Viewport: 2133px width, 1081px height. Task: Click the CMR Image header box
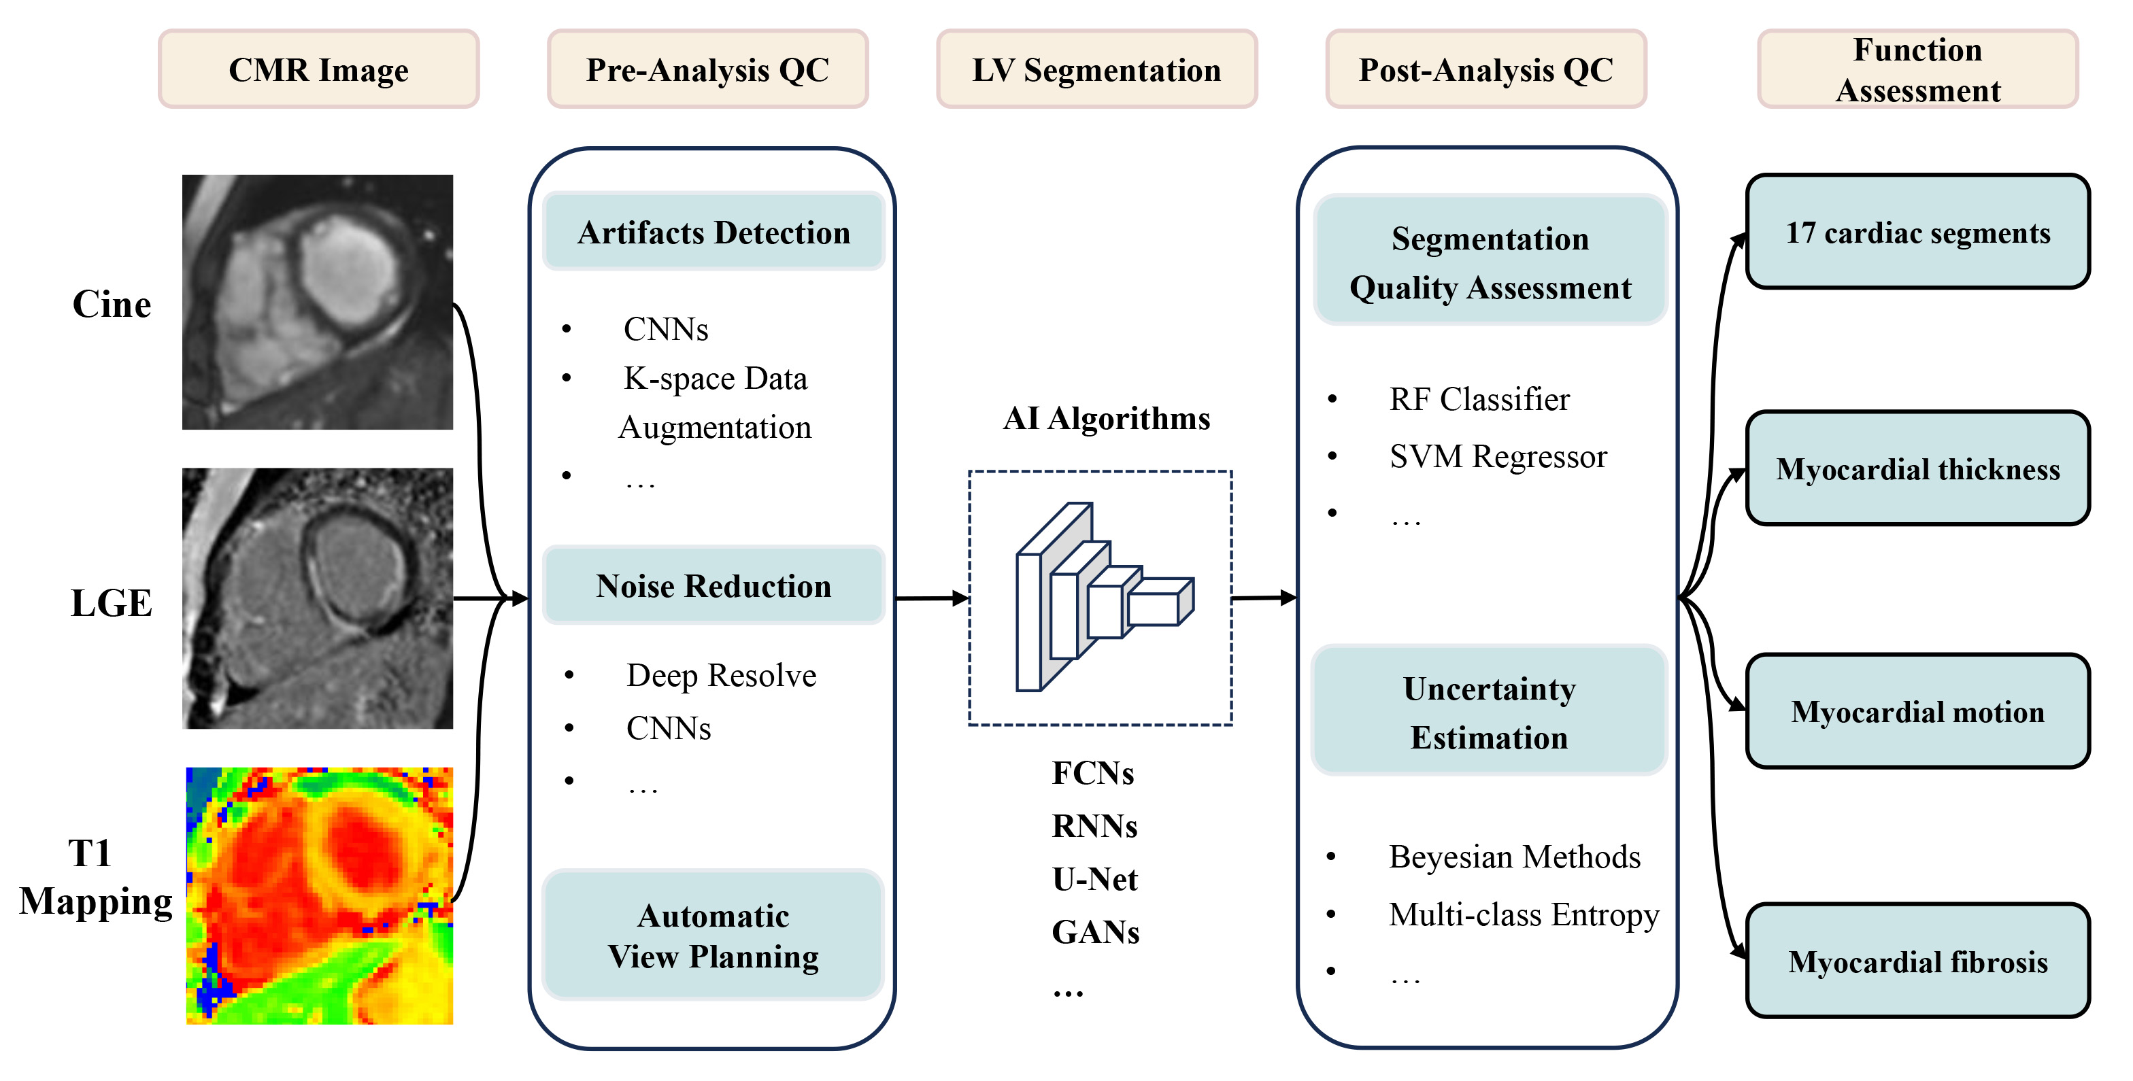click(x=319, y=69)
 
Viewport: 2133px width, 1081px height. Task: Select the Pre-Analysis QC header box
click(x=707, y=69)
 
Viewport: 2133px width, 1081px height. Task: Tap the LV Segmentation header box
click(x=1096, y=69)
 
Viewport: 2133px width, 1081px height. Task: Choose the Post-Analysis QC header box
click(x=1485, y=69)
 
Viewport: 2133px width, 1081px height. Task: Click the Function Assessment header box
click(x=1917, y=69)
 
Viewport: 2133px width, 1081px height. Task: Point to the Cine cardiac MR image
click(x=318, y=302)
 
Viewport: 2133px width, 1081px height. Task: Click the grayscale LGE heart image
click(x=318, y=598)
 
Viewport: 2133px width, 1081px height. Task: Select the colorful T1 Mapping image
click(x=320, y=895)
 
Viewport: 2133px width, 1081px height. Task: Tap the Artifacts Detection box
click(x=713, y=233)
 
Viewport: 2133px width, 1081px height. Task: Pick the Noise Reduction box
click(x=713, y=586)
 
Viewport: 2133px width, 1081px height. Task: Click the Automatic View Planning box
click(x=713, y=936)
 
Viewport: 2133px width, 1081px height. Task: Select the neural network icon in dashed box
click(x=1101, y=598)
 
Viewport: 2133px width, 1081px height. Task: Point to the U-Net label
click(x=1094, y=879)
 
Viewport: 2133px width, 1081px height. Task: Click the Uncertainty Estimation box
click(x=1489, y=712)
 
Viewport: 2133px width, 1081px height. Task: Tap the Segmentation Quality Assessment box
click(x=1490, y=262)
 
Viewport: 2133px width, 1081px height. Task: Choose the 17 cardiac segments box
click(x=1917, y=233)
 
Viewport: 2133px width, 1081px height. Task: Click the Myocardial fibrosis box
click(x=1917, y=962)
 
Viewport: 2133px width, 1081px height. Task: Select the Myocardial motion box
click(x=1917, y=712)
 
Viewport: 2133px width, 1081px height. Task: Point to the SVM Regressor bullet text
click(x=1498, y=456)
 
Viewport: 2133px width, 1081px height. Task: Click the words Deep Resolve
click(x=721, y=675)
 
